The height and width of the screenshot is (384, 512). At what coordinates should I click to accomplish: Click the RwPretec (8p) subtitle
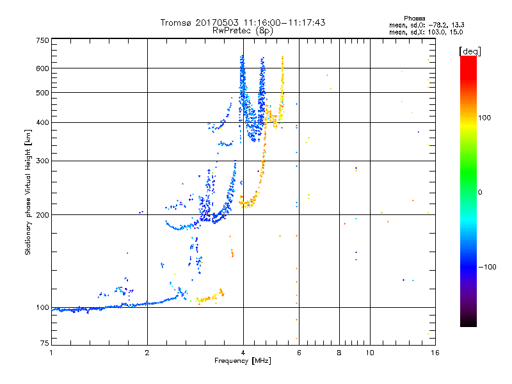coord(243,31)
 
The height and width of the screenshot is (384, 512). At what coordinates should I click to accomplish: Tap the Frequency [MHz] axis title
coord(243,361)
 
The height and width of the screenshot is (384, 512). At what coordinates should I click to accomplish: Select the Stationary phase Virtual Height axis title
coord(28,193)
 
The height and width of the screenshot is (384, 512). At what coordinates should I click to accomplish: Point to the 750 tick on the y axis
coord(43,40)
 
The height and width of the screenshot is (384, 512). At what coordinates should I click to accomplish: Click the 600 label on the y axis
coord(43,68)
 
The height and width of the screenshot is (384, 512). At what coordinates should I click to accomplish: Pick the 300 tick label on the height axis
coord(43,161)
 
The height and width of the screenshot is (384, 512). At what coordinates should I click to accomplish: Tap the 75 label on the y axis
coord(45,343)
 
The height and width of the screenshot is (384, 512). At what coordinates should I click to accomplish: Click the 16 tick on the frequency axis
coord(435,353)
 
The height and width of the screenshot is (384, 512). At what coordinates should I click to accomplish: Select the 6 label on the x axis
coord(299,353)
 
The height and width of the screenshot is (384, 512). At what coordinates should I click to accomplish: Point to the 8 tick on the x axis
coord(339,353)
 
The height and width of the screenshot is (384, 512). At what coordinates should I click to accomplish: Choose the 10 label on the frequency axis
coord(370,353)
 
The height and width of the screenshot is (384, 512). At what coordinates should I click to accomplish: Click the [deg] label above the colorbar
coord(470,51)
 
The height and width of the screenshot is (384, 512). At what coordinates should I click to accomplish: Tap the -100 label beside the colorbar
coord(487,267)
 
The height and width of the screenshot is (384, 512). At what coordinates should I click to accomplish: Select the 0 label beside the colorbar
coord(480,193)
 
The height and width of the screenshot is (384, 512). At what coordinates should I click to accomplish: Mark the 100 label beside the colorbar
coord(484,118)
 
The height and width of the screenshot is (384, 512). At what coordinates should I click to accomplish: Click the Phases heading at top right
coord(414,19)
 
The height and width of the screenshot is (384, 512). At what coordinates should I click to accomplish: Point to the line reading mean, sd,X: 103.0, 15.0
coord(426,32)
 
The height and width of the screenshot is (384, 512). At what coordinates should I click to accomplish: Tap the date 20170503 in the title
coord(217,22)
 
